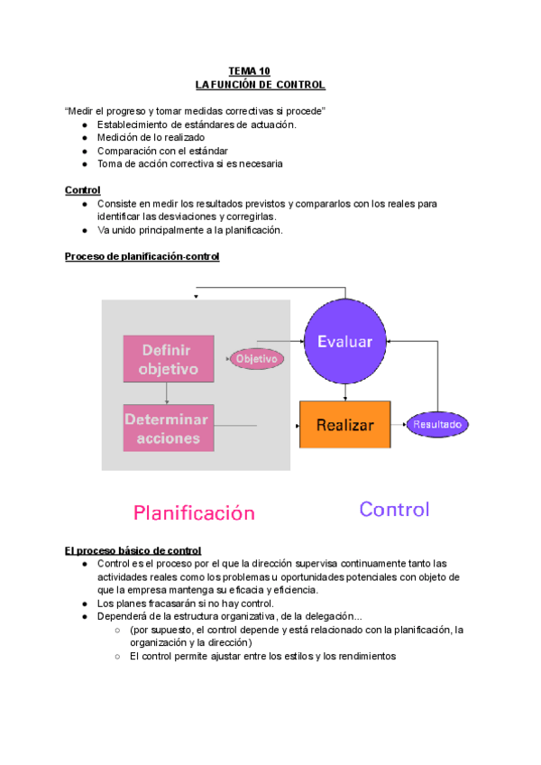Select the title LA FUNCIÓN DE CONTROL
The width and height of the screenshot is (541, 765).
click(260, 85)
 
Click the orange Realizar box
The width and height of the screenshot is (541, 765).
click(344, 423)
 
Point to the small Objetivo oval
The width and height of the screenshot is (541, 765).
click(257, 358)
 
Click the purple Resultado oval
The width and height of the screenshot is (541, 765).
click(437, 423)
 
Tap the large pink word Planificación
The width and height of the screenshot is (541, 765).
click(194, 512)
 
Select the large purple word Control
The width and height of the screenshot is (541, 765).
click(394, 509)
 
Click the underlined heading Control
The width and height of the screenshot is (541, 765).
click(82, 190)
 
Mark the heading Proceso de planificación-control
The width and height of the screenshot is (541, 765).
click(142, 256)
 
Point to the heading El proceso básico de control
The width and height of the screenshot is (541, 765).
click(133, 550)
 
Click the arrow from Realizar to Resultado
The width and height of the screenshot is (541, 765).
click(398, 423)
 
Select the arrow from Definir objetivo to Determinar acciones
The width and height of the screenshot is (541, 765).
click(167, 392)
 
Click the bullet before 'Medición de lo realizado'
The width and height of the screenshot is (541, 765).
click(84, 138)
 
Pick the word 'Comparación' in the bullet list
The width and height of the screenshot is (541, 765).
click(125, 151)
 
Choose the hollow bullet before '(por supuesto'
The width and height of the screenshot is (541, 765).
click(117, 631)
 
